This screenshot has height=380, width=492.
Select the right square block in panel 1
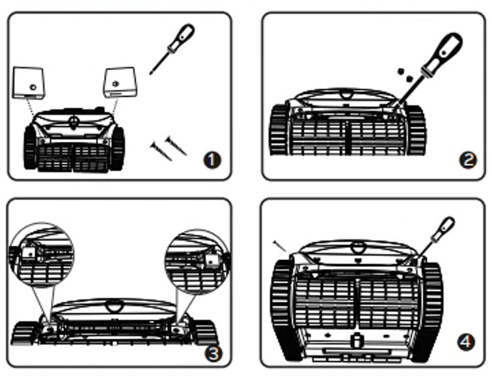[120, 81]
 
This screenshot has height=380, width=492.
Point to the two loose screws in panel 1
[168, 146]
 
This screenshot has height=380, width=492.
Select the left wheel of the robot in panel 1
[31, 147]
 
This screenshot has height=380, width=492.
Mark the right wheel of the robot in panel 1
[118, 146]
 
